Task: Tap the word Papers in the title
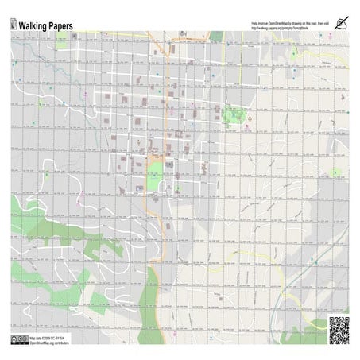click(x=62, y=25)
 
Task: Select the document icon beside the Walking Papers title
click(x=14, y=25)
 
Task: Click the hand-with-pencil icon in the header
click(x=342, y=23)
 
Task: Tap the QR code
click(x=339, y=330)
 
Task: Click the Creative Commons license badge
click(x=18, y=339)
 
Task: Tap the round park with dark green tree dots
click(x=234, y=117)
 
